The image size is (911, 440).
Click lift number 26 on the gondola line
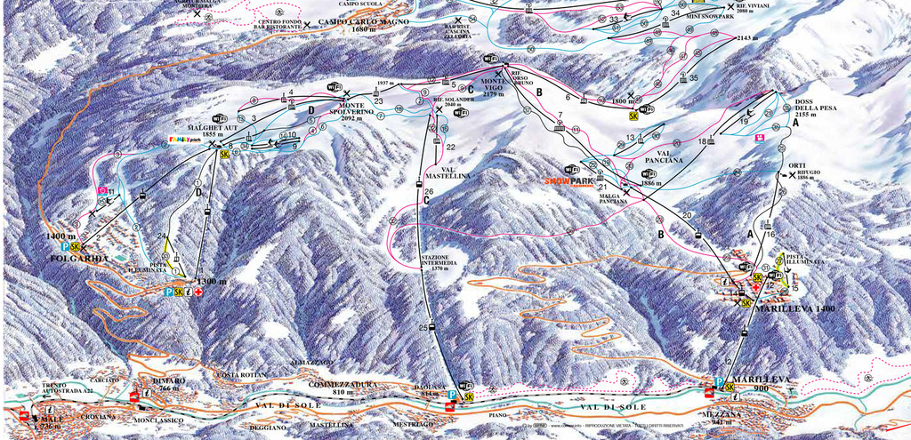pos(429,191)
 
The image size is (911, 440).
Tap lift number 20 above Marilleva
pos(687,215)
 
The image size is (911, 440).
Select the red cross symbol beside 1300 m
pos(198,292)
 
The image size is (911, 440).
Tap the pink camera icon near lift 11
pos(104,189)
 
